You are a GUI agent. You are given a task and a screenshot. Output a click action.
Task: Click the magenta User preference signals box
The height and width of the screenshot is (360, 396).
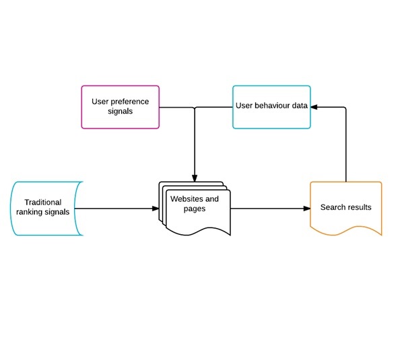point(120,106)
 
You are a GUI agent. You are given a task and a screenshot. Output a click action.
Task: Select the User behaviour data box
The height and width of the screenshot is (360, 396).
point(271,106)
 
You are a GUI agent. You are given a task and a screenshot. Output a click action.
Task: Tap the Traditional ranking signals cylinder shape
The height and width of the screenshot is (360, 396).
point(46,208)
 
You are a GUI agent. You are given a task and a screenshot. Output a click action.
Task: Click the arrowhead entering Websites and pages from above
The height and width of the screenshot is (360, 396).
point(195,178)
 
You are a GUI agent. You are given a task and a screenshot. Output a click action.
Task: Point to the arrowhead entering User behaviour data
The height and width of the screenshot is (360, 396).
point(314,107)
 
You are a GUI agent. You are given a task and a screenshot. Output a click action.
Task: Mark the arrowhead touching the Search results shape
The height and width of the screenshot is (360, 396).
point(306,209)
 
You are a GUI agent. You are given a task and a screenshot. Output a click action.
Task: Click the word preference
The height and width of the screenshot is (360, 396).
point(130,102)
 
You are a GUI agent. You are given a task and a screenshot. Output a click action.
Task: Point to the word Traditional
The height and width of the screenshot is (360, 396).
point(42,202)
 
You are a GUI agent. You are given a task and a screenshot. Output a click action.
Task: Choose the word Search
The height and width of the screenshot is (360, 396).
point(333,207)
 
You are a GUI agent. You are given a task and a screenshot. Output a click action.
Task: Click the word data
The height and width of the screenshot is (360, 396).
point(298,106)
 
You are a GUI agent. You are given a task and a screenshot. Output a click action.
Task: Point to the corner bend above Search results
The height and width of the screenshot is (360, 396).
point(345,107)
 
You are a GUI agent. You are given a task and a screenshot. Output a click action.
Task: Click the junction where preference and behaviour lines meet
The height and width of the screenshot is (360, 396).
point(195,107)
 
